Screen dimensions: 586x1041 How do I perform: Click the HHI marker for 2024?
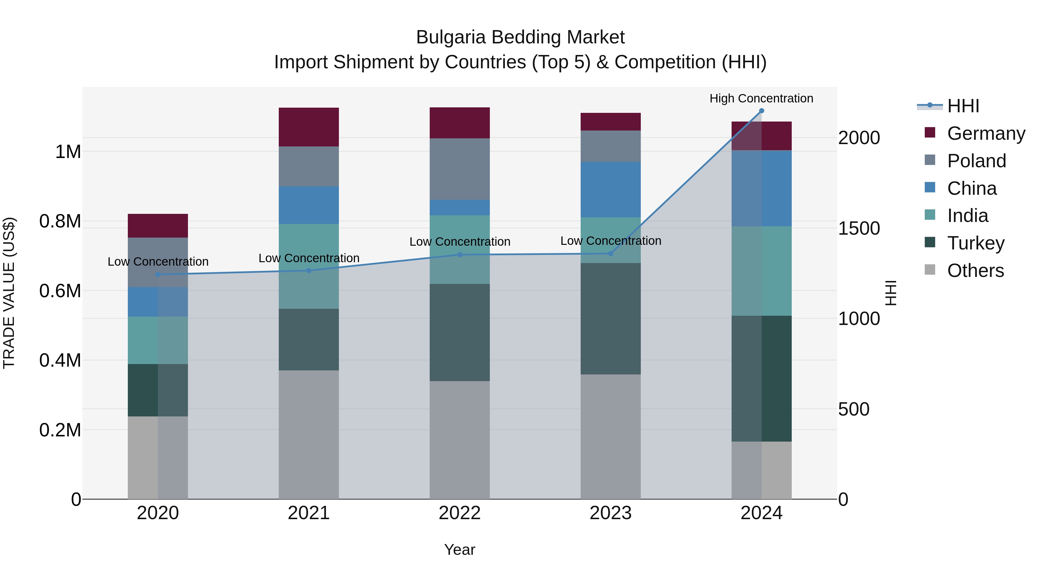(x=761, y=111)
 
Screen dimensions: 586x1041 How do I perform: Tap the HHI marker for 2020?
(x=158, y=275)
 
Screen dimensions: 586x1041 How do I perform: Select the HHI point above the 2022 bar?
(x=459, y=255)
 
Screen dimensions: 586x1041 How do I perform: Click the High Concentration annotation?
(x=761, y=98)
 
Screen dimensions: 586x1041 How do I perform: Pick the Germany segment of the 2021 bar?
(x=309, y=127)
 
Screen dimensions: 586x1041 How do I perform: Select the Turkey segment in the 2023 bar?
(x=611, y=319)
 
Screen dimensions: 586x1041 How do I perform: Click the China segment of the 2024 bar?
(x=761, y=188)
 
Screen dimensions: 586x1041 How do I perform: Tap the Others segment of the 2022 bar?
(x=459, y=440)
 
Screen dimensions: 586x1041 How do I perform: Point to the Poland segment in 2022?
(x=459, y=169)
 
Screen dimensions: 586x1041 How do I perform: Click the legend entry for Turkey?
(x=976, y=243)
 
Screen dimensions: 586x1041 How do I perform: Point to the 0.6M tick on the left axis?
(x=60, y=291)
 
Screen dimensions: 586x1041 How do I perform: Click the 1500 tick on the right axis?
(x=859, y=229)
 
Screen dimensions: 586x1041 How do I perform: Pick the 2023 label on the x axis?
(x=611, y=513)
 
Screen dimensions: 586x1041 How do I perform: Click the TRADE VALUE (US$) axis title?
(x=9, y=293)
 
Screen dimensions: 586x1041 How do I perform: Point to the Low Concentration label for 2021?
(x=309, y=258)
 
